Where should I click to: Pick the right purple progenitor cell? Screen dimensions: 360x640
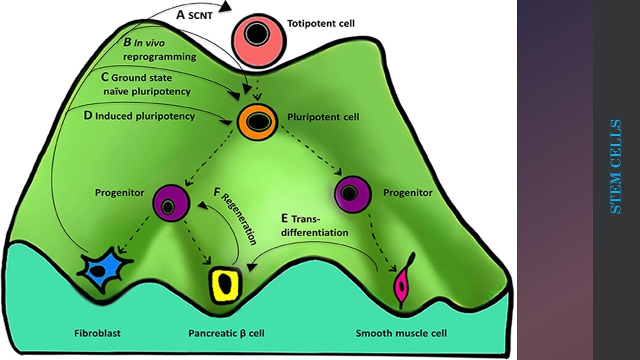click(353, 192)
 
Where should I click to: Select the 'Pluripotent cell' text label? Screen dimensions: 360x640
click(323, 117)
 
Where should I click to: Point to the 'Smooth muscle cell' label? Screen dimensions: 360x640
click(401, 333)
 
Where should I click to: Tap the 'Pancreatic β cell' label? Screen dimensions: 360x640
click(226, 333)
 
